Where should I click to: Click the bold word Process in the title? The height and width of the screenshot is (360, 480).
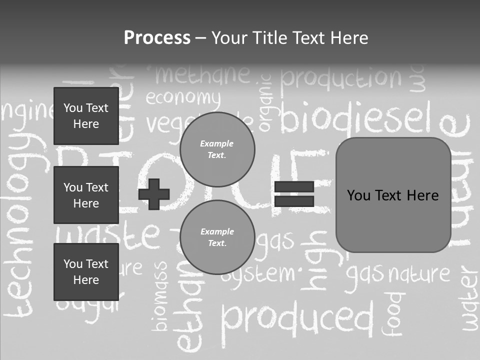pos(157,38)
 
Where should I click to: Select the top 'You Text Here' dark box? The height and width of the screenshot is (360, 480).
pos(86,116)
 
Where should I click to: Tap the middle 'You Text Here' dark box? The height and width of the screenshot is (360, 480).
pos(86,195)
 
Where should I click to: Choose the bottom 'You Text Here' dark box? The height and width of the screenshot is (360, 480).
pos(86,272)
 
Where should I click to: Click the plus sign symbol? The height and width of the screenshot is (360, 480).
pos(154,194)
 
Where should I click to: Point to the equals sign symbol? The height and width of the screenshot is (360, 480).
pos(294,194)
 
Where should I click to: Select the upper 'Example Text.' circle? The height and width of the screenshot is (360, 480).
pos(217,149)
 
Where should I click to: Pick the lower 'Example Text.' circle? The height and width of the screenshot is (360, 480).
pos(217,237)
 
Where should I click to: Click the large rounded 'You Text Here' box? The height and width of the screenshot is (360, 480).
pos(393,195)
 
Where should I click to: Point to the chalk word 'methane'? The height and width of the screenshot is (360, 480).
pos(202,74)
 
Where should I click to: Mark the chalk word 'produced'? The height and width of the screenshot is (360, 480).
pos(297,317)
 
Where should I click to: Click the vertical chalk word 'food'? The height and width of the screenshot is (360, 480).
pos(393,313)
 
